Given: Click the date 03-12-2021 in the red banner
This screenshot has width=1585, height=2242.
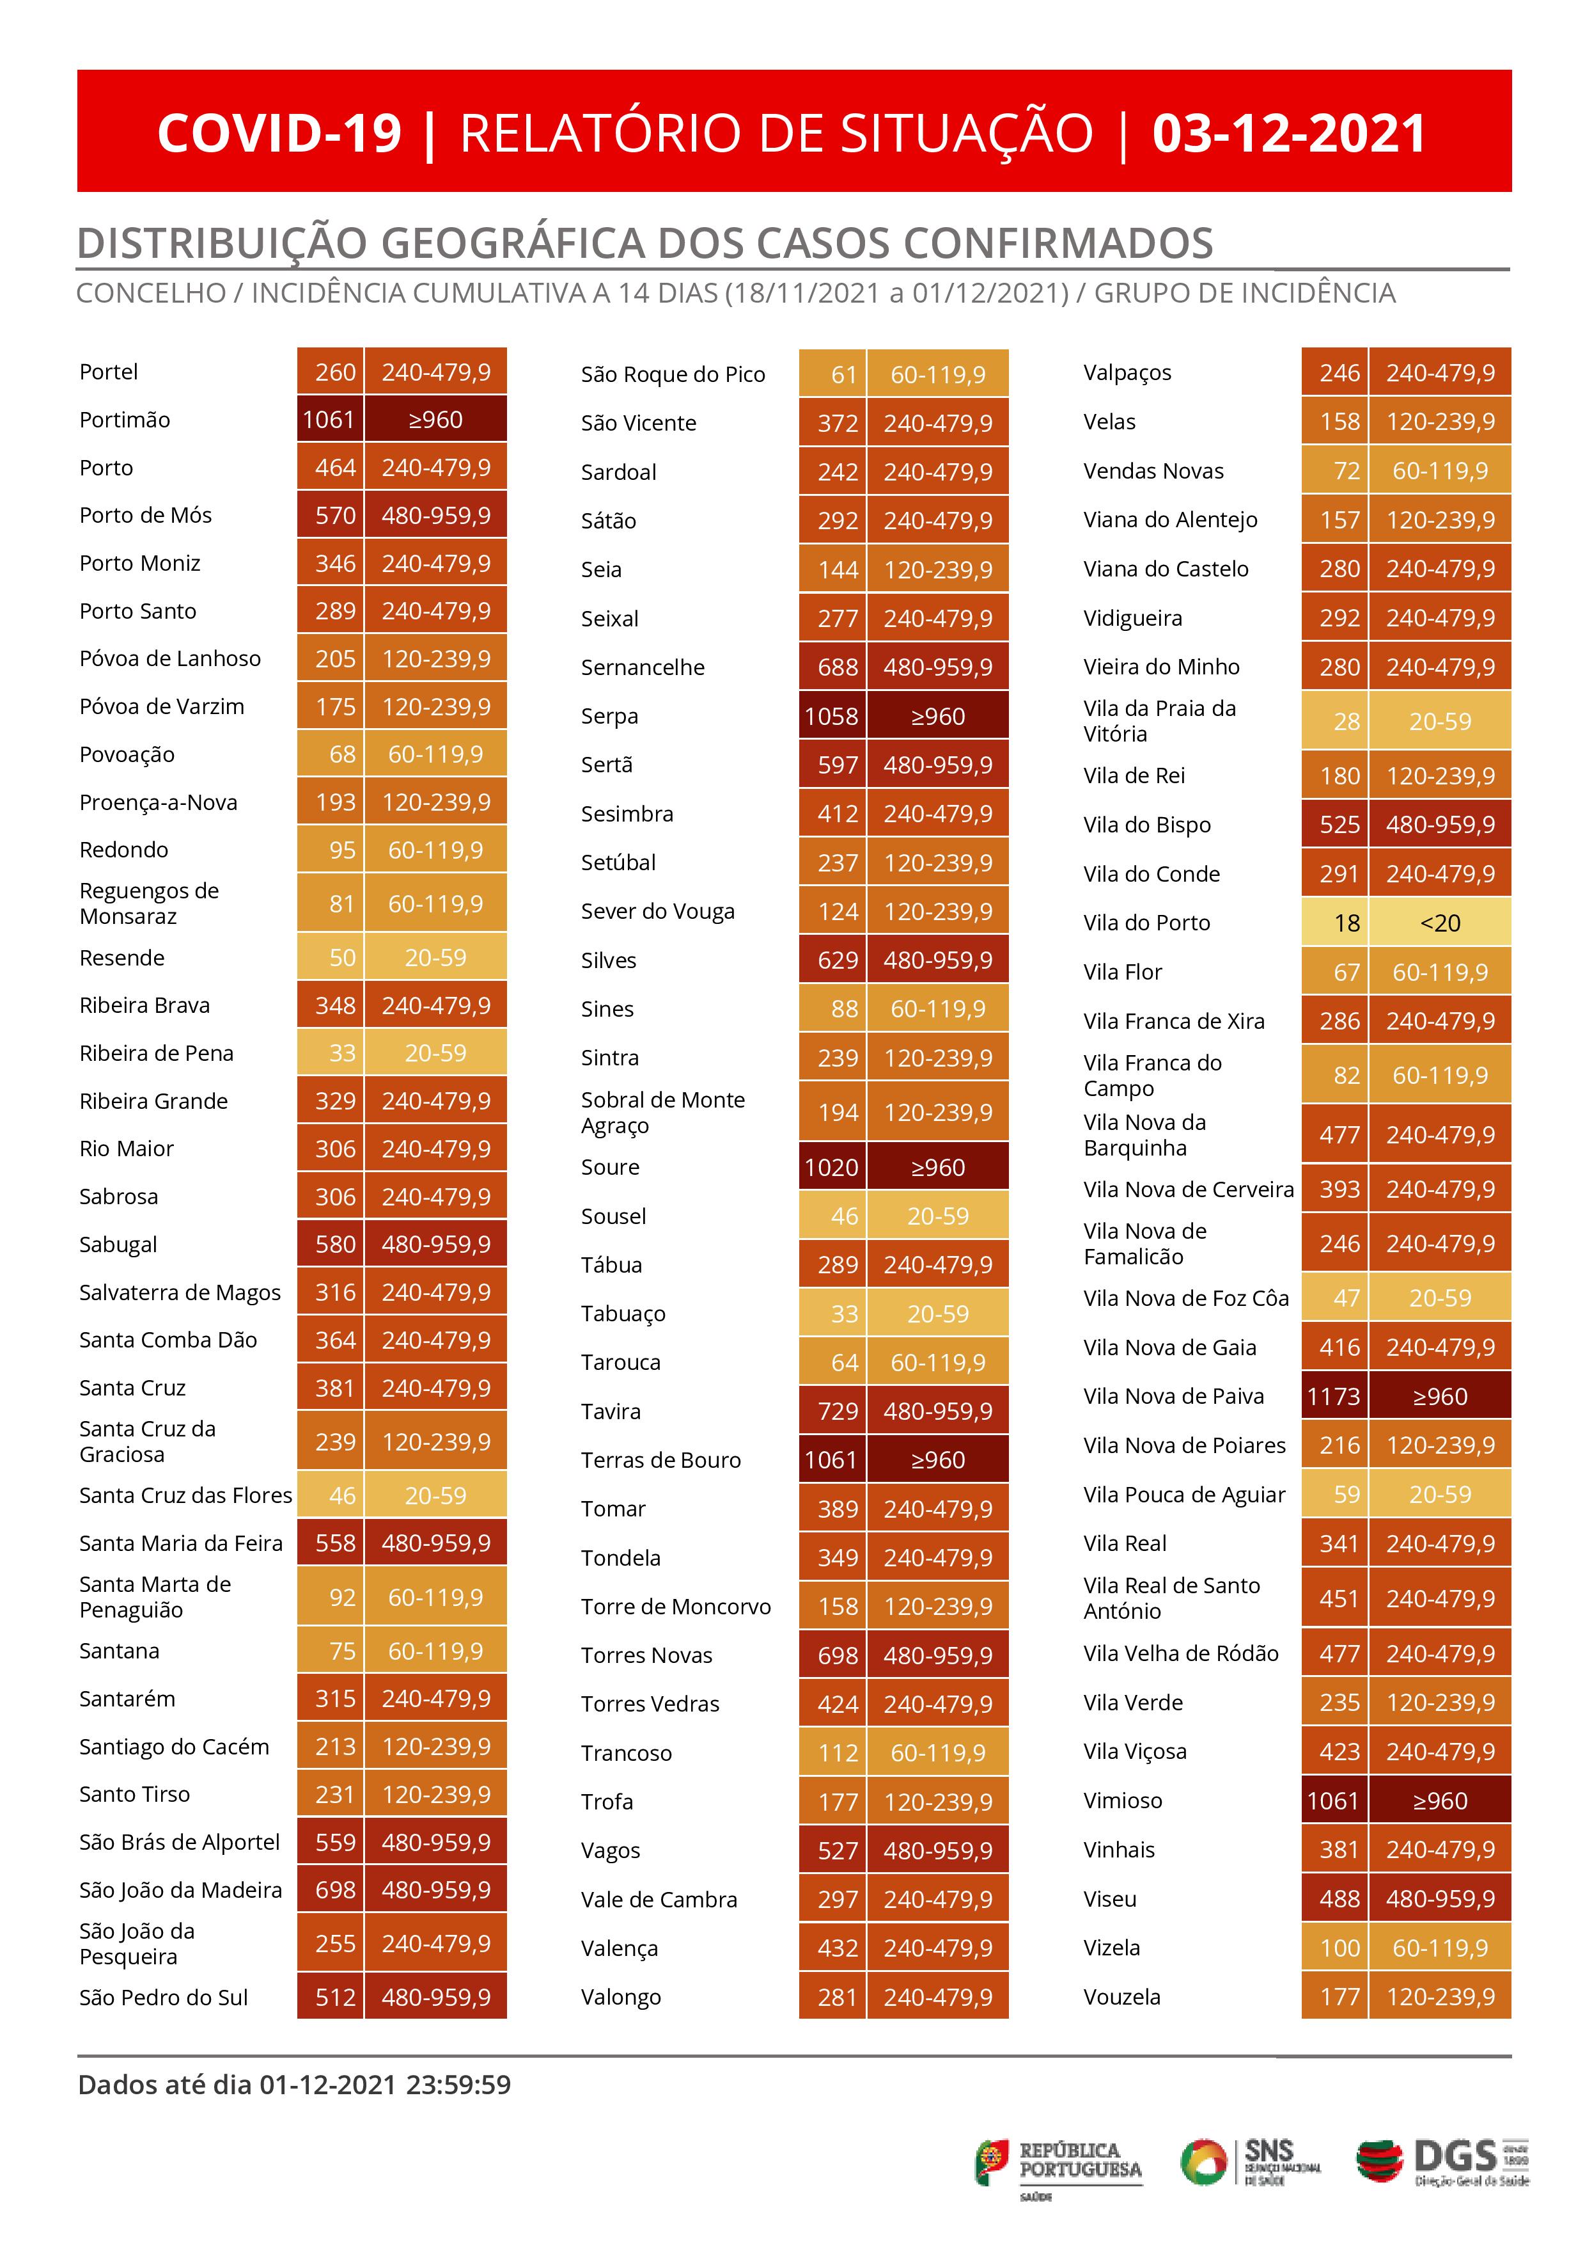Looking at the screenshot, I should click(x=1288, y=134).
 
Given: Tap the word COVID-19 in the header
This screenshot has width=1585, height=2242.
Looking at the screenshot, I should click(x=279, y=134).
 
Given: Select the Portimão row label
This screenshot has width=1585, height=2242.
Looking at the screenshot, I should click(x=125, y=420).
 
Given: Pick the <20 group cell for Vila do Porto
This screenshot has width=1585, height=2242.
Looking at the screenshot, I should click(x=1440, y=923).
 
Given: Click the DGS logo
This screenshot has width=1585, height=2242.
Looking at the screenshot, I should click(x=1442, y=2163).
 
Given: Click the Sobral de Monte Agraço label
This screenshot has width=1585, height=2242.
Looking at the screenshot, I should click(x=662, y=1112).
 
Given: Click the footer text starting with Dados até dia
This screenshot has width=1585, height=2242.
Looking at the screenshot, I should click(x=293, y=2085).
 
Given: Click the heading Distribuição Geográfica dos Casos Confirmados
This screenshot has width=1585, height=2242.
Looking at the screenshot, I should click(x=644, y=243).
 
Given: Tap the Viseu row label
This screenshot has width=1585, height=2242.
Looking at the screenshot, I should click(x=1110, y=1899).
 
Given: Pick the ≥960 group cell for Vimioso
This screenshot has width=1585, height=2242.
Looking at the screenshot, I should click(x=1440, y=1801).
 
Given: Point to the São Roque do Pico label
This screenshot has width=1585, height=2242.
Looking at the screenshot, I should click(x=673, y=375).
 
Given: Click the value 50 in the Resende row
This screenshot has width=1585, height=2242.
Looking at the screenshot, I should click(x=341, y=958).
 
